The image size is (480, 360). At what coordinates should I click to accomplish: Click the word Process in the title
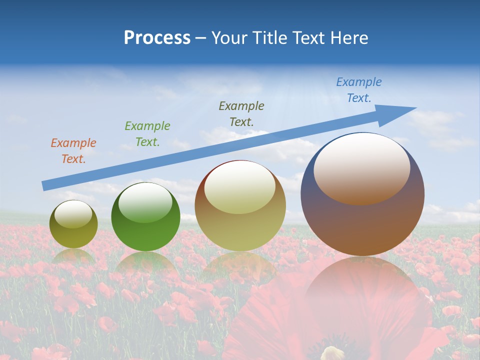click(x=157, y=38)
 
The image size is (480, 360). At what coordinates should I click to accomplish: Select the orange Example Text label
click(x=73, y=151)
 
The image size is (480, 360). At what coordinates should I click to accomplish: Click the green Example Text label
click(x=147, y=134)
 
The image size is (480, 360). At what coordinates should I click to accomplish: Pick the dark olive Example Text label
click(x=241, y=114)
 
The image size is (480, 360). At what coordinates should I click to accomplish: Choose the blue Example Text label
click(x=358, y=90)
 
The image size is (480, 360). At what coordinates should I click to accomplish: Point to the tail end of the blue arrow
click(x=45, y=186)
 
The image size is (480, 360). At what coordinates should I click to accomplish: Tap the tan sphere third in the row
click(x=240, y=220)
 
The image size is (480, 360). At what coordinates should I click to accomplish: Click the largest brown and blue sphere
click(x=362, y=225)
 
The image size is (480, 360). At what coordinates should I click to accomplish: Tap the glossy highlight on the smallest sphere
click(x=73, y=214)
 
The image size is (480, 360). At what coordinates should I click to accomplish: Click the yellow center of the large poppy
click(x=332, y=354)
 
